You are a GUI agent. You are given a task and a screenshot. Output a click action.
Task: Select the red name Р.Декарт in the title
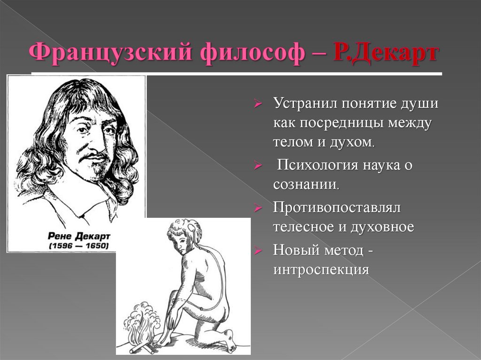[386, 53]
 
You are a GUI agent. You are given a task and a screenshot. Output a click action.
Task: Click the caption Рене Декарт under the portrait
[79, 236]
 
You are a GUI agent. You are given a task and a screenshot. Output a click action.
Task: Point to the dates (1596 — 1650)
[79, 245]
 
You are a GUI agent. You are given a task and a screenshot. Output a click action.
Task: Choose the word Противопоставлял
[337, 208]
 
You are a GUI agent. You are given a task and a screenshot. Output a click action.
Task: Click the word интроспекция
[321, 270]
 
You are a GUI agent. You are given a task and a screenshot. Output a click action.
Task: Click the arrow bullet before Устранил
[258, 104]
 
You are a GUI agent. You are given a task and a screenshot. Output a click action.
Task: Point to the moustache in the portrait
[92, 157]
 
